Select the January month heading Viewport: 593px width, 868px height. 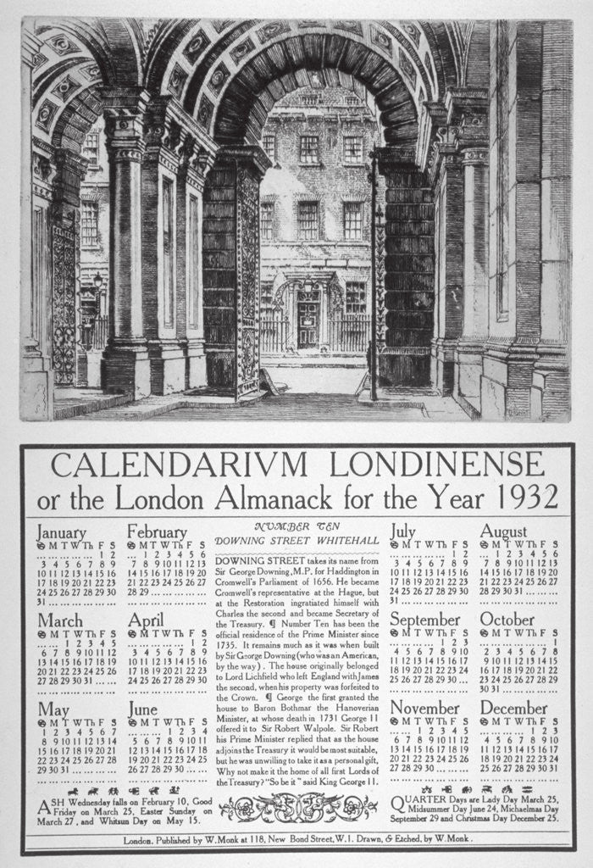pos(61,532)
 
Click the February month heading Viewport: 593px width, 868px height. pos(157,532)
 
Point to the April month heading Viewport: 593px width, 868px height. pos(146,620)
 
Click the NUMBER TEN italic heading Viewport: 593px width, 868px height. pos(296,526)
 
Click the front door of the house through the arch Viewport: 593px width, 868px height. pos(308,324)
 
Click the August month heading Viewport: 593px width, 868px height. pos(503,532)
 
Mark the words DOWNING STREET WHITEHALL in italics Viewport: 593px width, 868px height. pos(296,541)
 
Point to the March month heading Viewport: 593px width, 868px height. pos(59,620)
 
